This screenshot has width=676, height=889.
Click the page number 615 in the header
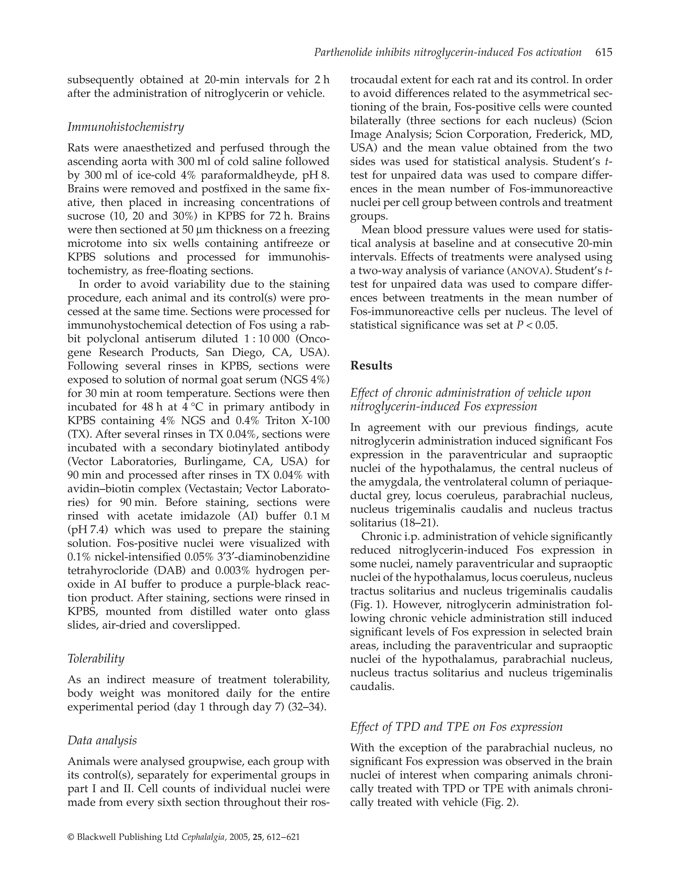pyautogui.click(x=604, y=52)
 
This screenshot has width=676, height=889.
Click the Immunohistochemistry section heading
pyautogui.click(x=125, y=127)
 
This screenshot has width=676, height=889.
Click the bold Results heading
pyautogui.click(x=371, y=366)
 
